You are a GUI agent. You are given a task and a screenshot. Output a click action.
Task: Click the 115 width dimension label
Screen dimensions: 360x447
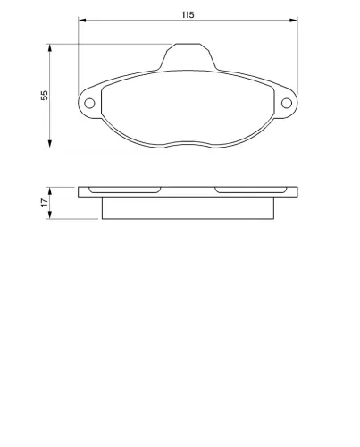point(188,14)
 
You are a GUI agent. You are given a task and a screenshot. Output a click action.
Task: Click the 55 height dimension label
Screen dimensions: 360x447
point(45,96)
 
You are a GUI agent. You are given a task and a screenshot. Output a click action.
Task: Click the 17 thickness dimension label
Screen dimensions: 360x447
point(45,203)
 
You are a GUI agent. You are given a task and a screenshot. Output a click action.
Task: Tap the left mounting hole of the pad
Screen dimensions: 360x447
point(89,104)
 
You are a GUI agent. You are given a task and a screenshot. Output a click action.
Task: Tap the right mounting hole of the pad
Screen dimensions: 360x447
point(287,103)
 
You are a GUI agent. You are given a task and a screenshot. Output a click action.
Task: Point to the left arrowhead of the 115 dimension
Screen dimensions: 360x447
point(82,21)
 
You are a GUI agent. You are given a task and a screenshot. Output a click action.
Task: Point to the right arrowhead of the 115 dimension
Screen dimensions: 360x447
point(294,21)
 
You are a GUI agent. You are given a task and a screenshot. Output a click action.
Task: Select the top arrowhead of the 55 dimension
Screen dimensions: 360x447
point(50,48)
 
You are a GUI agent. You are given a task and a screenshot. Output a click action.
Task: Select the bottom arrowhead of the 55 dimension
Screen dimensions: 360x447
point(50,144)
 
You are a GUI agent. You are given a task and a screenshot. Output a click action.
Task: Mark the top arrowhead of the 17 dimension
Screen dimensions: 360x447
point(50,191)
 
